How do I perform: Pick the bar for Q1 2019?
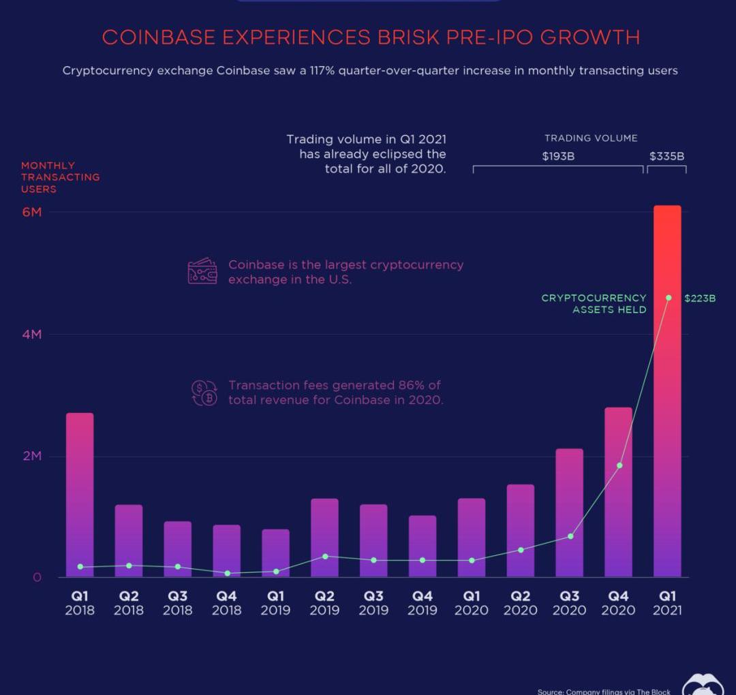(275, 553)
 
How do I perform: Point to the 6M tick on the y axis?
(32, 212)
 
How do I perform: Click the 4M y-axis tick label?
(32, 335)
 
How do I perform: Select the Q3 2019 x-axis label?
(373, 603)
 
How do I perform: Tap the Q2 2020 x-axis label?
(520, 603)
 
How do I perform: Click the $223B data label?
(700, 298)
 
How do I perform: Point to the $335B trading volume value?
(666, 157)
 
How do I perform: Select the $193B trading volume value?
(558, 157)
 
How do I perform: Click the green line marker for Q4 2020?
(619, 465)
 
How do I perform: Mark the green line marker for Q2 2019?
(325, 557)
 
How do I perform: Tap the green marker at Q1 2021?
(669, 298)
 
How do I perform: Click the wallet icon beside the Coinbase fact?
(202, 271)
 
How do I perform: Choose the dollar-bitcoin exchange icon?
(204, 393)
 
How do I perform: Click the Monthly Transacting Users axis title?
(60, 177)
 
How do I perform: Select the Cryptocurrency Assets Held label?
(594, 304)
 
